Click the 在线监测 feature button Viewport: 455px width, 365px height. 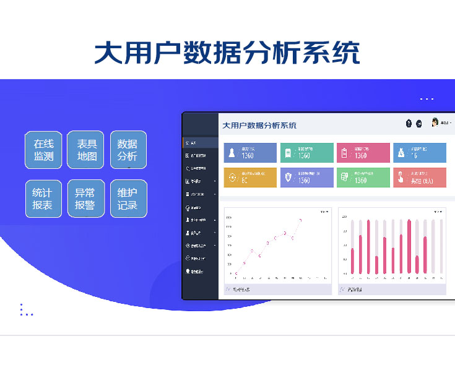tap(43, 150)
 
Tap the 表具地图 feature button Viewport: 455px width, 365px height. tap(85, 150)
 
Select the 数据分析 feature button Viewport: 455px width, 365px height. tap(128, 150)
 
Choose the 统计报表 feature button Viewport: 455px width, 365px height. tap(43, 199)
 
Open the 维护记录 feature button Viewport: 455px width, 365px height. tap(128, 199)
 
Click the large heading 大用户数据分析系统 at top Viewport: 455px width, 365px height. tap(227, 53)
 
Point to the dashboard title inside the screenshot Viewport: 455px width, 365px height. tap(259, 126)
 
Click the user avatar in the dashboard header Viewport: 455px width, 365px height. tap(435, 122)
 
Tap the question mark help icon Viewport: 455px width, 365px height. tap(409, 124)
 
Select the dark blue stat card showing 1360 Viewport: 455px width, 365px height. tap(250, 153)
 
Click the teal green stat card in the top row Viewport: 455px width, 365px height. tap(306, 153)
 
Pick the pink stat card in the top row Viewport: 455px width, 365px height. tap(363, 153)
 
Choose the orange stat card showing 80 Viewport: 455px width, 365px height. tap(250, 178)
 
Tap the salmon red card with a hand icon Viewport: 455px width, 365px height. tap(419, 178)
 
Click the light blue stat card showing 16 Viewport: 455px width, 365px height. tap(419, 153)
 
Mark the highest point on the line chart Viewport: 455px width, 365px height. tap(300, 220)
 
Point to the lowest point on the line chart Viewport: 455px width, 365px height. tap(235, 273)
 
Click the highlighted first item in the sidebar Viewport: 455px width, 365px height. tap(200, 143)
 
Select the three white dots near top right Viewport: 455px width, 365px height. tap(427, 99)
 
